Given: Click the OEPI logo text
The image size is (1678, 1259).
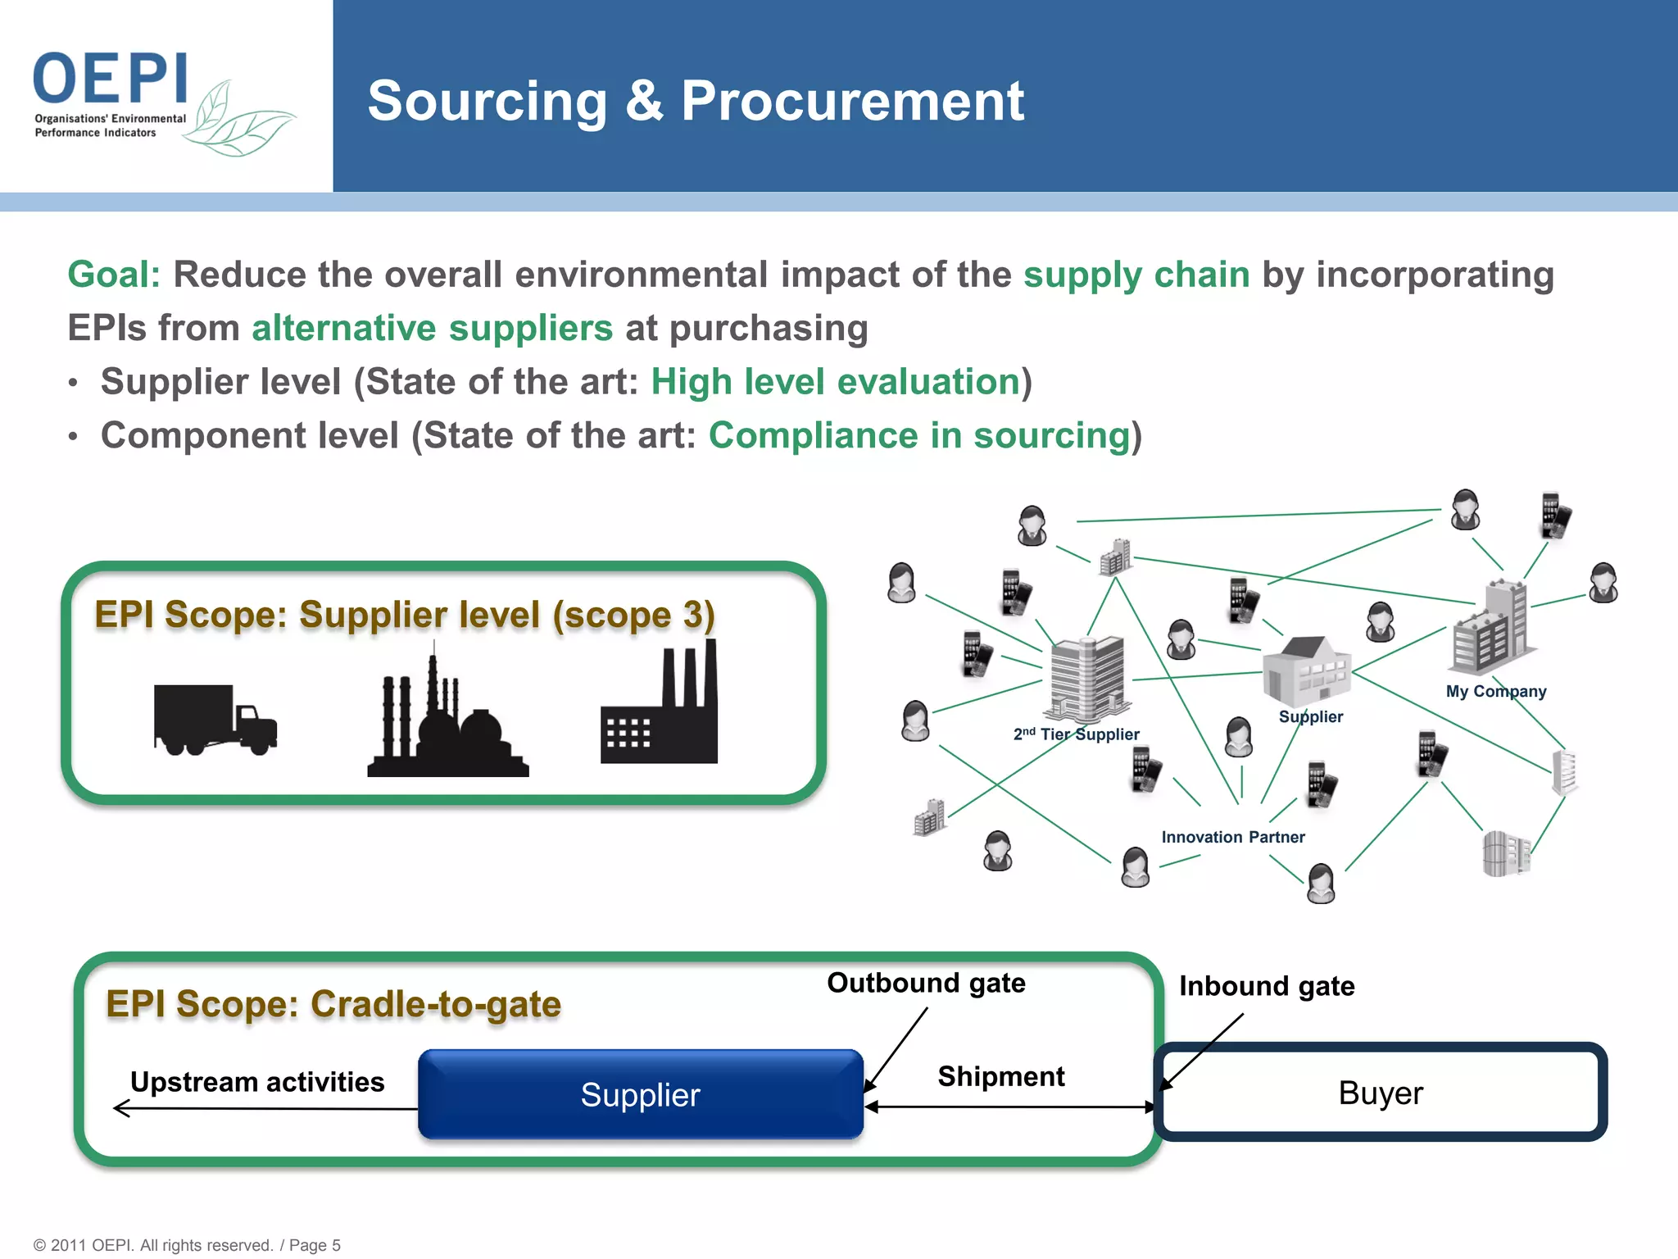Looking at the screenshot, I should (111, 79).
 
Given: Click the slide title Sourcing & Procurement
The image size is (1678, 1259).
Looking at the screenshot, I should (696, 102).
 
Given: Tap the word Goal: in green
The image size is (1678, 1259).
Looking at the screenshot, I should (114, 275).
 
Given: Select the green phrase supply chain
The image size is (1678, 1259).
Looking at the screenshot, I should (1136, 275).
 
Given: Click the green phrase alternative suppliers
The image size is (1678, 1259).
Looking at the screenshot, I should (432, 329).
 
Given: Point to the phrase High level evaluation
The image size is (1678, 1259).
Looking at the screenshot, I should (835, 382).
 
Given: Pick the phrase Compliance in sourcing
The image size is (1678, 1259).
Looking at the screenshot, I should (919, 435).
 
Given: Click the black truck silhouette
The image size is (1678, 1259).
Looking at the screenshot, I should (215, 719).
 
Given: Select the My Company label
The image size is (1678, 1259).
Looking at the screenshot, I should (1495, 691).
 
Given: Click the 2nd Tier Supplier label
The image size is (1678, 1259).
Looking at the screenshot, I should (1076, 734).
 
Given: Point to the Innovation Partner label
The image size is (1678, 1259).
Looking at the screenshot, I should (1232, 837).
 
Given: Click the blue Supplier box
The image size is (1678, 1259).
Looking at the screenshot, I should (640, 1095).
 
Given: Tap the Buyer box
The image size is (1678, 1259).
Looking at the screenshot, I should (1381, 1093).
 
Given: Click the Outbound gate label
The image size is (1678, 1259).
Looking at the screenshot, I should (926, 983).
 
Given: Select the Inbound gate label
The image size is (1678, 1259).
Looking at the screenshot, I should (1266, 986).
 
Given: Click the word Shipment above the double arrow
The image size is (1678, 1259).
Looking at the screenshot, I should (1000, 1076).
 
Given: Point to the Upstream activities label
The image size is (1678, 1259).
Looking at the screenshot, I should (257, 1082).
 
